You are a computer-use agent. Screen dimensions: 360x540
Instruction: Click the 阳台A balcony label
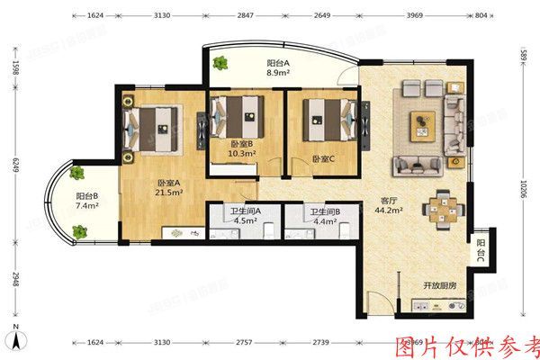click(x=277, y=64)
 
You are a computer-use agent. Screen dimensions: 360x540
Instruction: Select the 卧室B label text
click(x=240, y=144)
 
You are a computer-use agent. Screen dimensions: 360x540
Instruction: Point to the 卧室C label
click(x=323, y=158)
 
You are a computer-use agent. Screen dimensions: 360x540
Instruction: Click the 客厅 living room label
click(x=389, y=202)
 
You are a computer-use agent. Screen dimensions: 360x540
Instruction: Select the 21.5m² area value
click(x=170, y=193)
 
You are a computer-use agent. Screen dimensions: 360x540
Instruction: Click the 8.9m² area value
click(x=277, y=76)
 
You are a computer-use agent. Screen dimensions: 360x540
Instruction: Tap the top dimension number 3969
click(x=415, y=15)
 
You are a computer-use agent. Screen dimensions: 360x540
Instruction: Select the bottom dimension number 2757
click(x=246, y=344)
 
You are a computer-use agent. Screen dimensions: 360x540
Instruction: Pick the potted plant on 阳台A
click(x=221, y=65)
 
